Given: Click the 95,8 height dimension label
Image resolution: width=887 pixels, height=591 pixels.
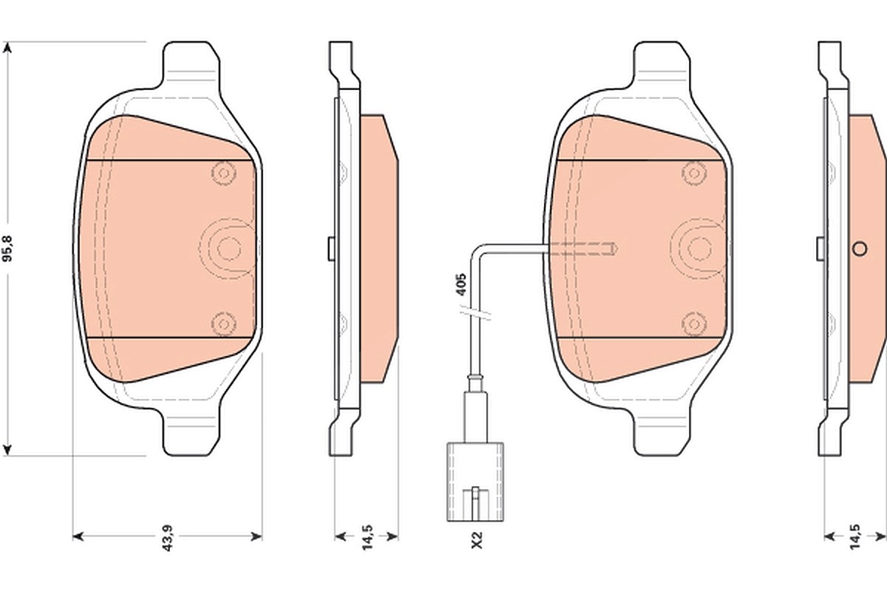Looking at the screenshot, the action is pos(8,248).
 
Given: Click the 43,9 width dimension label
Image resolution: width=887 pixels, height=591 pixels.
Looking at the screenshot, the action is pos(168,538).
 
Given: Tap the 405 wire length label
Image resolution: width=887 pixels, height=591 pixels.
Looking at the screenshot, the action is pos(461,284).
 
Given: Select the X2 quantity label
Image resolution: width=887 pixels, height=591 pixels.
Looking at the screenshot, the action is pos(478,540).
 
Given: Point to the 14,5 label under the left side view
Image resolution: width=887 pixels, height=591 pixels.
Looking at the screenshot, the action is pos(367,537).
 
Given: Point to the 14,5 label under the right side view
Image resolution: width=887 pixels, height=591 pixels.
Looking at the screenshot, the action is pos(854,536).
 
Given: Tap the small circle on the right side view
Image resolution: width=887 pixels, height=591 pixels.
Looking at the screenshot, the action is pos(860,249).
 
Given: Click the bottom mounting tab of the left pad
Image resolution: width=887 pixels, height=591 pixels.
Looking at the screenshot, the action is pos(191,433).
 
